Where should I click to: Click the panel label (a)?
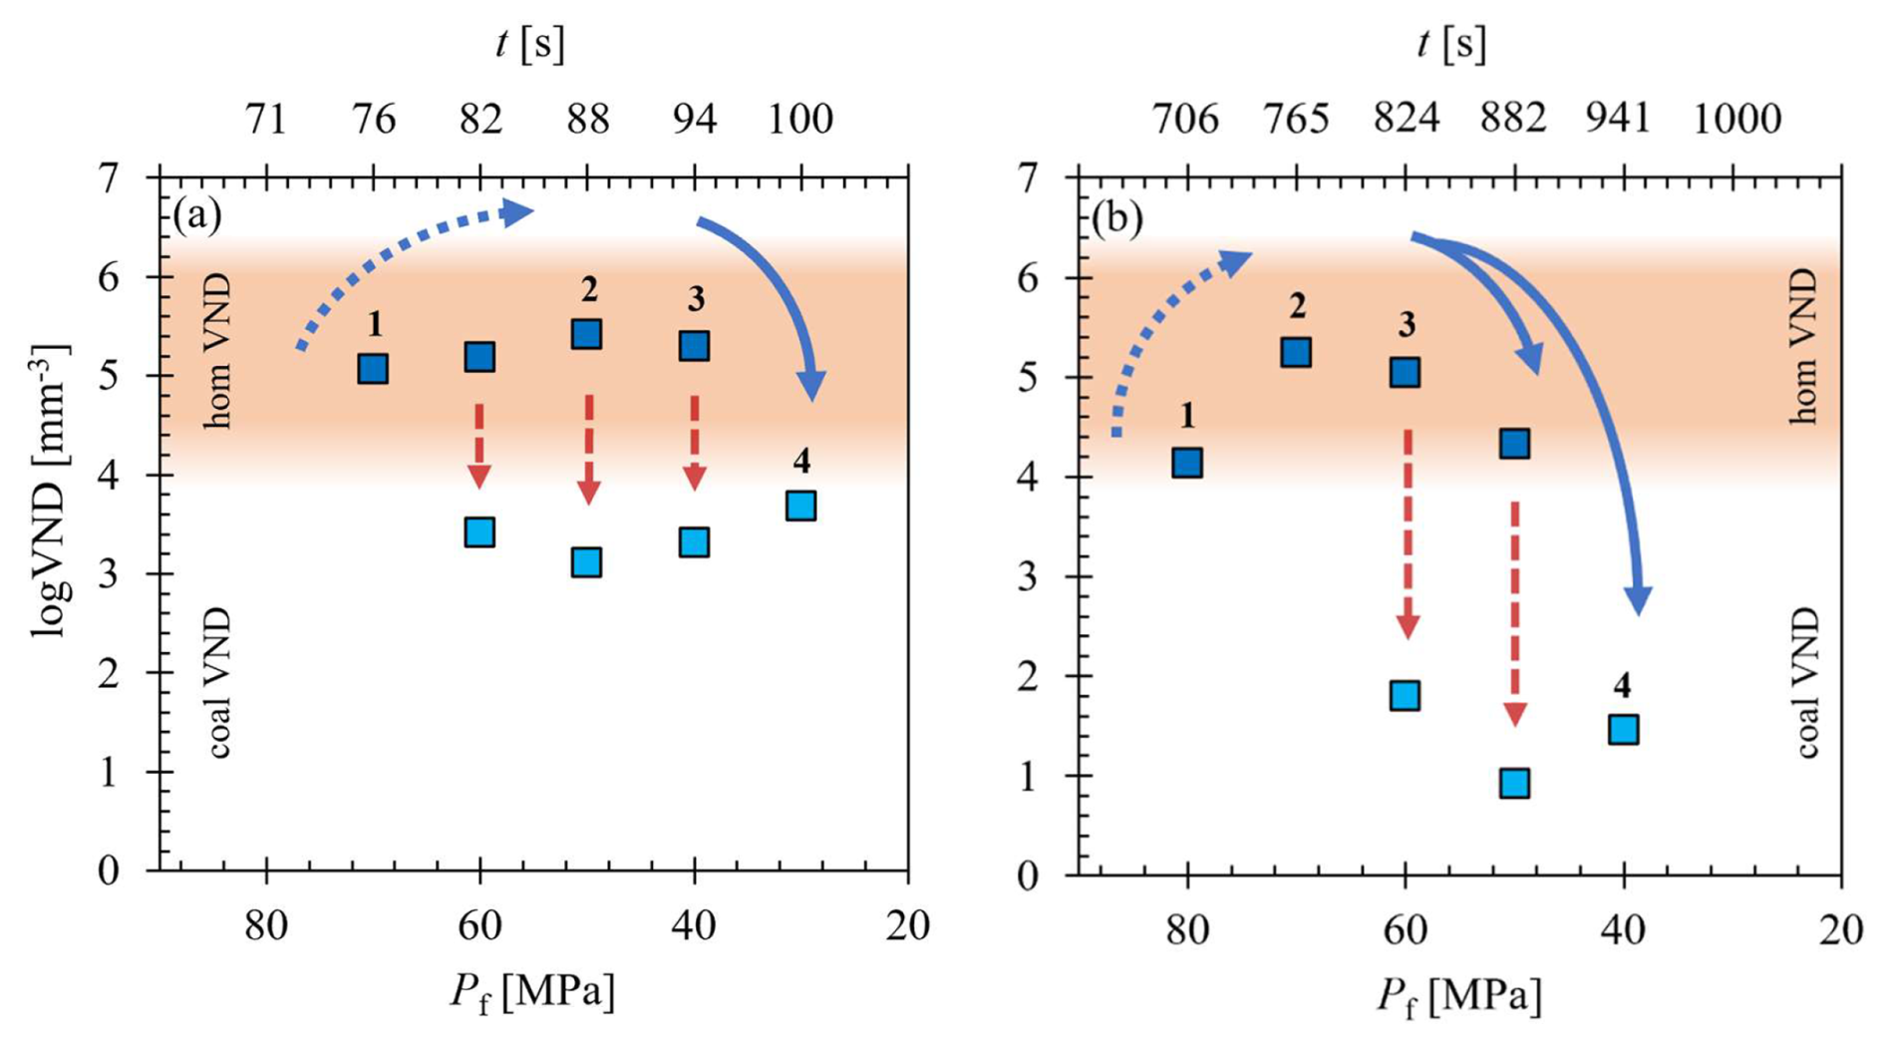[196, 215]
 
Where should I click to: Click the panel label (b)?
[1116, 219]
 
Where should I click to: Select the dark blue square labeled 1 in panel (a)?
[373, 369]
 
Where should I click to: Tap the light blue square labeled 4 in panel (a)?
[800, 506]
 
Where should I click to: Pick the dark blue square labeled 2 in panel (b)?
[1295, 352]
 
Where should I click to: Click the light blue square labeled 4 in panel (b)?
[1623, 730]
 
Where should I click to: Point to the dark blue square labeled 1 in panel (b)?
[1186, 463]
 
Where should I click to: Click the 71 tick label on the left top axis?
[266, 120]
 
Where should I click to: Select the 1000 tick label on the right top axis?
[1737, 120]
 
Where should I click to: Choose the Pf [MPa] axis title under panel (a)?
[531, 993]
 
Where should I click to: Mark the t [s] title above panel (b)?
[1451, 45]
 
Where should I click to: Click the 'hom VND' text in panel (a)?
[217, 352]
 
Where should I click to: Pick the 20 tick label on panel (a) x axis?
[906, 926]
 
